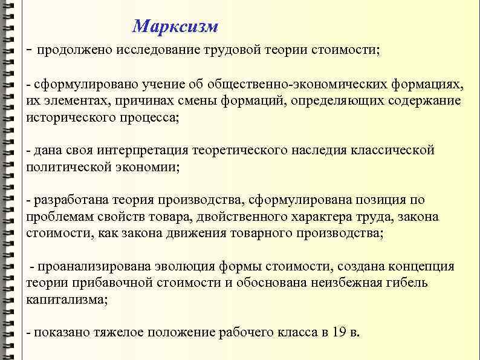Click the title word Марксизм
(175, 27)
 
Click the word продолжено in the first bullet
(71, 50)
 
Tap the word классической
(393, 150)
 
